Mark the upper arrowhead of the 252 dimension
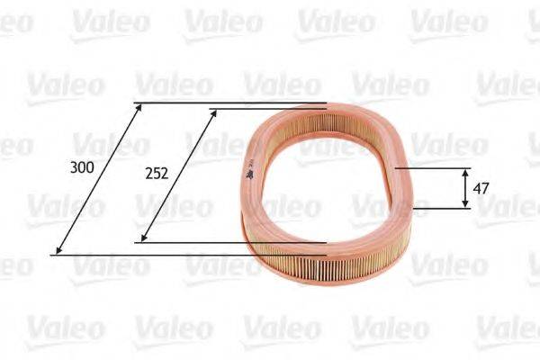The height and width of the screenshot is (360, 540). [214, 113]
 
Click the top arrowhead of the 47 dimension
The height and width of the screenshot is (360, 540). [464, 172]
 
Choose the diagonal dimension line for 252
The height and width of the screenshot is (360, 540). [178, 175]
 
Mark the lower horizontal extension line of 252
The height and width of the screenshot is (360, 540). [234, 242]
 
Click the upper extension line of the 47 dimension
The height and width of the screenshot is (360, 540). [432, 167]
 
